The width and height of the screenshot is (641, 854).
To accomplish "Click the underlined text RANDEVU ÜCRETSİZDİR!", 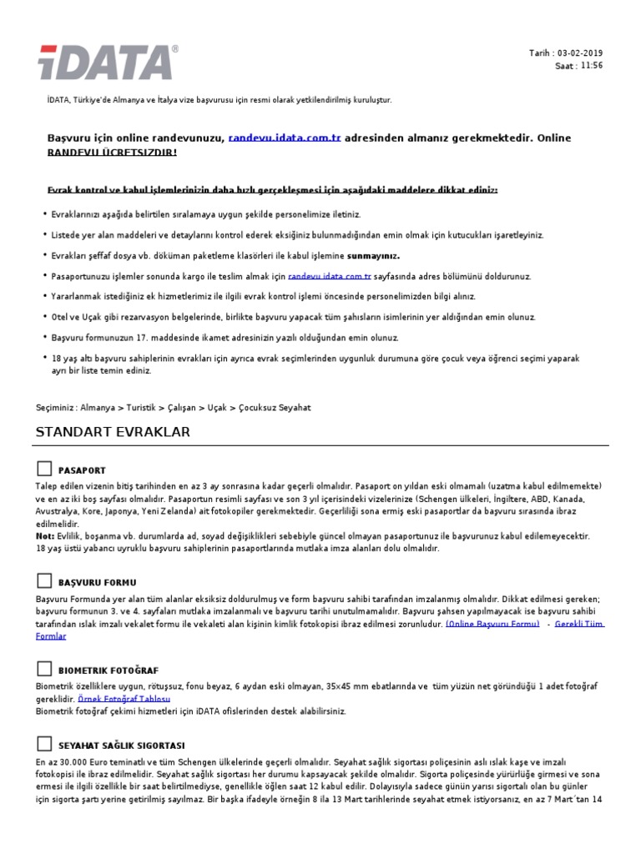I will tap(112, 153).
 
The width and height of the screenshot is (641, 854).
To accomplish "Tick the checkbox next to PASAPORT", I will tap(44, 470).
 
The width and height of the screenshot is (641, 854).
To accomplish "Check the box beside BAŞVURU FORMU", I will tap(44, 580).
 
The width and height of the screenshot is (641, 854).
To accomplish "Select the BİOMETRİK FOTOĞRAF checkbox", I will tap(44, 669).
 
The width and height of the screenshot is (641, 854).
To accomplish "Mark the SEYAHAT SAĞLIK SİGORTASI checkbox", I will tap(44, 744).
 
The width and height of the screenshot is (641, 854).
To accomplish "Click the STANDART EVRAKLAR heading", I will tap(113, 432).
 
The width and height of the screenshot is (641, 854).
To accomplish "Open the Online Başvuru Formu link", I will tap(492, 624).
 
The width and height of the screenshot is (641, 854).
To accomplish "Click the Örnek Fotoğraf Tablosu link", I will tap(124, 698).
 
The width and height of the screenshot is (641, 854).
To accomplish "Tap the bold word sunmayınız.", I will tap(373, 255).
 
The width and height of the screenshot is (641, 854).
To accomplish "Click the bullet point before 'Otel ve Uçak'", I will tap(43, 318).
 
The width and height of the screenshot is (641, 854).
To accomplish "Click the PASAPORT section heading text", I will tap(82, 471).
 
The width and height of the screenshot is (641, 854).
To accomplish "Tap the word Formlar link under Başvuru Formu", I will tap(50, 635).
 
